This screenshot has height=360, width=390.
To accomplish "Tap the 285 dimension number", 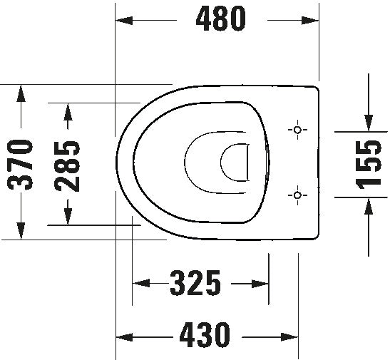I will click(68, 163).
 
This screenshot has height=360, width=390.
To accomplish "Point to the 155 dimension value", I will click(368, 164).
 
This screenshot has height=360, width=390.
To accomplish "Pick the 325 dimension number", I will click(195, 284).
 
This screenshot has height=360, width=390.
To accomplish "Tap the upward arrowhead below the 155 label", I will click(368, 205).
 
